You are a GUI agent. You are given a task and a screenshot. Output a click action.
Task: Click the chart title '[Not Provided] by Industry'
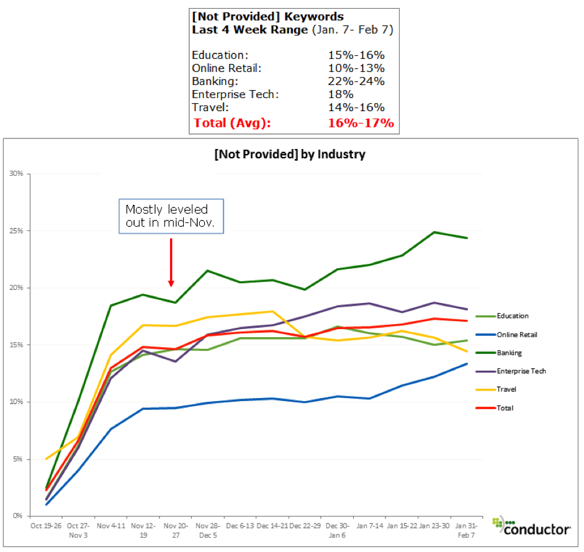point(289,155)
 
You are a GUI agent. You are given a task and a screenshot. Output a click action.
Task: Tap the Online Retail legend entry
point(517,335)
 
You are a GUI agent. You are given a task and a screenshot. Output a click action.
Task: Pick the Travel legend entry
point(506,389)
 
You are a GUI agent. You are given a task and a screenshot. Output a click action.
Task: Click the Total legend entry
point(505,408)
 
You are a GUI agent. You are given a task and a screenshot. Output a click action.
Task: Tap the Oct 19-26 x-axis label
point(45,525)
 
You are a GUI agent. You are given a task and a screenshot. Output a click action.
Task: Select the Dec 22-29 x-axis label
point(304,525)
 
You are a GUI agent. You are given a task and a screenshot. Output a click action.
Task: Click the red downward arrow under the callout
point(171,260)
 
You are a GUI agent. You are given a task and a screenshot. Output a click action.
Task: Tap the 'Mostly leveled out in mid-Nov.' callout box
point(171,216)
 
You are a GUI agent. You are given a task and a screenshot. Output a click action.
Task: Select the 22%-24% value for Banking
point(356,81)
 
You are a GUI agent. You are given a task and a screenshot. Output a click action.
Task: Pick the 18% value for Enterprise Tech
point(341,94)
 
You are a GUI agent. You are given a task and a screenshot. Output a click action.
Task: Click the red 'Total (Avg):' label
point(232,122)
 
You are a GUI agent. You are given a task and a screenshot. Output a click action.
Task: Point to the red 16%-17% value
point(361,122)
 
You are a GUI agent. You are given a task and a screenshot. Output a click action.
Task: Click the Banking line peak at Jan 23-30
point(434,232)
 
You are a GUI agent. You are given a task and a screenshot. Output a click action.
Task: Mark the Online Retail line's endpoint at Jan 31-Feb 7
point(467,364)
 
